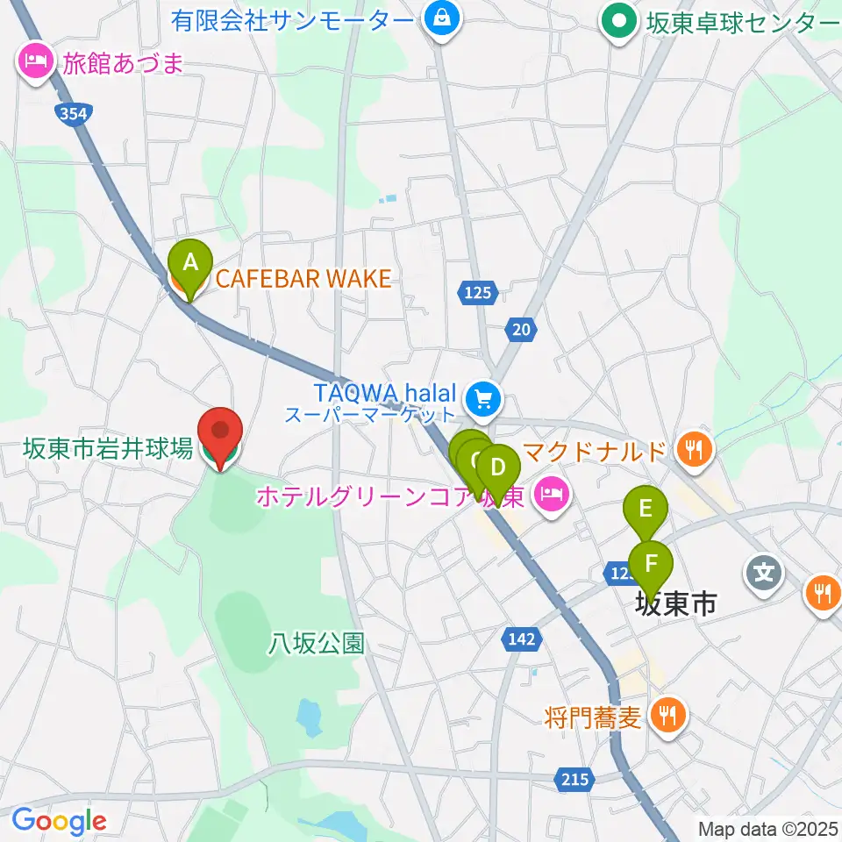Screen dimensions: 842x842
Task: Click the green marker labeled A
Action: pyautogui.click(x=189, y=263)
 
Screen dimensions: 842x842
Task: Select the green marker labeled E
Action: pyautogui.click(x=646, y=510)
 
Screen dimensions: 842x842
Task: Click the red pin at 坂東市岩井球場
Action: pyautogui.click(x=220, y=432)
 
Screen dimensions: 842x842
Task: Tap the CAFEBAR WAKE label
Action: pyautogui.click(x=303, y=279)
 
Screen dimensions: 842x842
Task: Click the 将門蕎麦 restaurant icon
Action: pyautogui.click(x=668, y=716)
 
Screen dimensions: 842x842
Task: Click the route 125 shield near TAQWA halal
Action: pyautogui.click(x=478, y=292)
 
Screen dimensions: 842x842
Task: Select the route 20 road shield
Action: pyautogui.click(x=521, y=329)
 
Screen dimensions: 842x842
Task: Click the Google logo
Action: pyautogui.click(x=59, y=821)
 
